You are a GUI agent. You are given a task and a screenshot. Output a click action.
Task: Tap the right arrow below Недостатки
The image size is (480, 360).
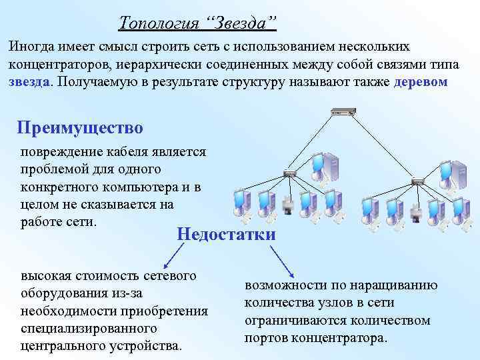pos(283,260)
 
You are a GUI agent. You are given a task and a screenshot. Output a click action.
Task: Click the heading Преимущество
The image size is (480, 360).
pos(80,127)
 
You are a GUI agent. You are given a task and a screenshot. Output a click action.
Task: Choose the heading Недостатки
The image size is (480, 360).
pos(226,234)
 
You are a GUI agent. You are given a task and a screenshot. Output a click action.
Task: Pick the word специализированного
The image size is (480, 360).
pos(89,329)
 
